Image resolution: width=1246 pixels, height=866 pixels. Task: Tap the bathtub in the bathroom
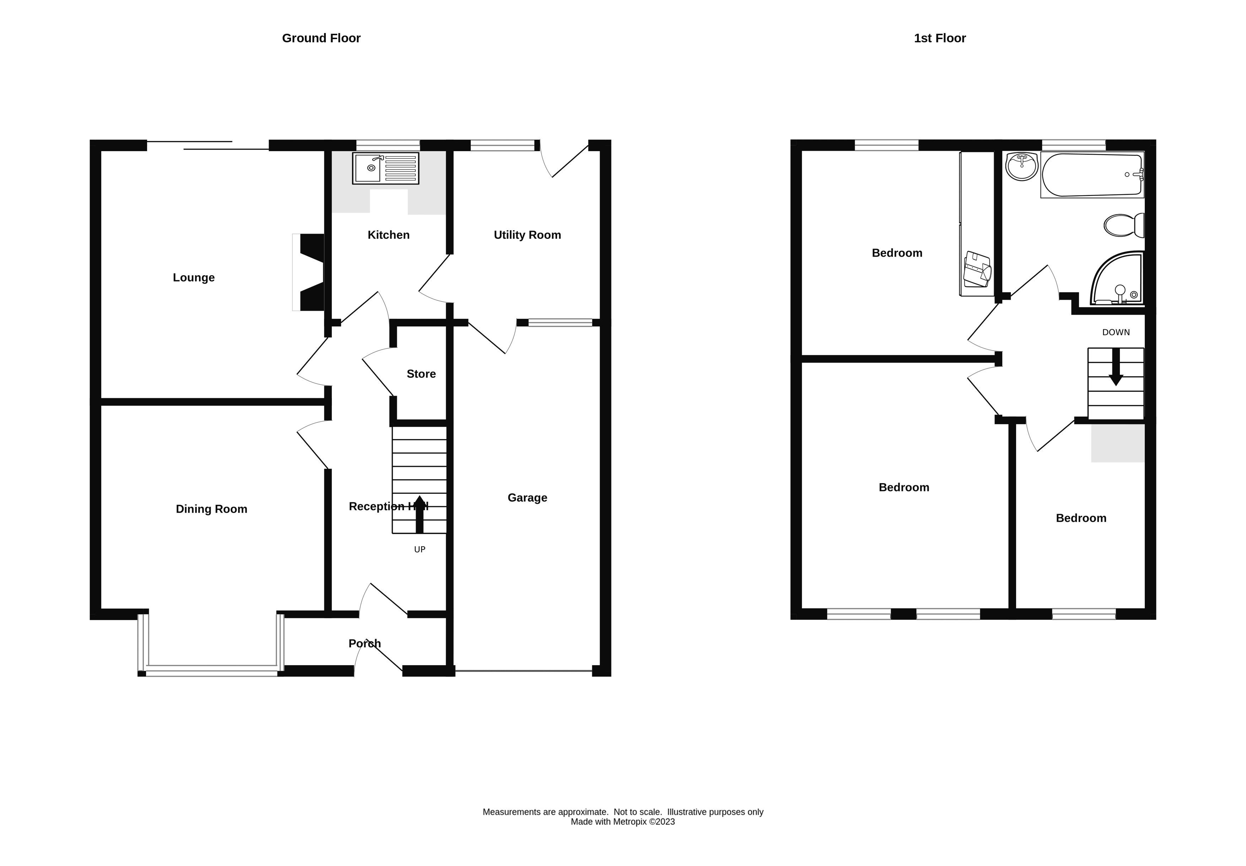pyautogui.click(x=1091, y=175)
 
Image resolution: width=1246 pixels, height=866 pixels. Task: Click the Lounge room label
pyautogui.click(x=194, y=278)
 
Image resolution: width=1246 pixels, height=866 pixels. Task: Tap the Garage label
pyautogui.click(x=527, y=498)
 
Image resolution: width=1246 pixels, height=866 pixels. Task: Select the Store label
pyautogui.click(x=421, y=374)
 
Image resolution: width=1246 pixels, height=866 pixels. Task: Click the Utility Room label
pyautogui.click(x=527, y=235)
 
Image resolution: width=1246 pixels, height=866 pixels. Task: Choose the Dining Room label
pyautogui.click(x=211, y=509)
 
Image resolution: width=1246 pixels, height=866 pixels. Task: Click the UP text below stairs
pyautogui.click(x=419, y=550)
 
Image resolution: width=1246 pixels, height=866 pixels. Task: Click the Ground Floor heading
pyautogui.click(x=321, y=38)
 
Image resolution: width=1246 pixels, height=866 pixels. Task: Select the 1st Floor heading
pyautogui.click(x=940, y=38)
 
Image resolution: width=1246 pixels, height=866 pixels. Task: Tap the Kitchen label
pyautogui.click(x=388, y=235)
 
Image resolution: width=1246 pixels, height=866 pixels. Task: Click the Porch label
pyautogui.click(x=365, y=643)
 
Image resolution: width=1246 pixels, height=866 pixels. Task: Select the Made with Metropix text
pyautogui.click(x=622, y=822)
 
